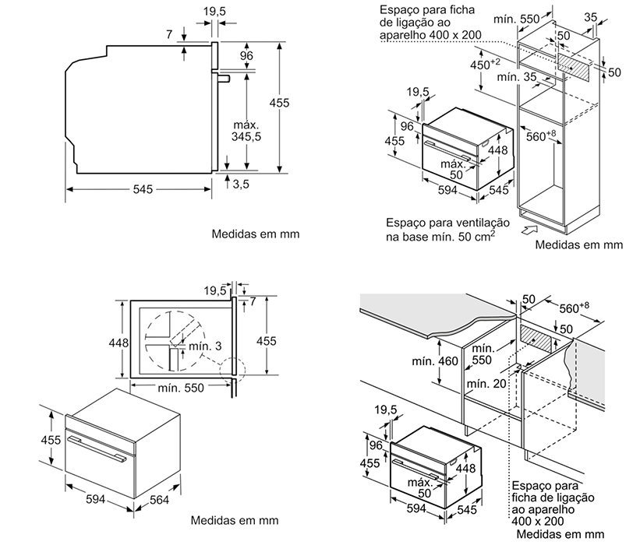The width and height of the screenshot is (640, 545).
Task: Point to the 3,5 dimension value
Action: [240, 183]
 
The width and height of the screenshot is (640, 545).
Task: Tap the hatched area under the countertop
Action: [537, 339]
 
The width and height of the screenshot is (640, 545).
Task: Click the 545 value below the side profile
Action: [142, 189]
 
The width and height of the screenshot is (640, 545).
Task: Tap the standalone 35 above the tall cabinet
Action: [592, 16]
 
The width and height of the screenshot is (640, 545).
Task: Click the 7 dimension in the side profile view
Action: [170, 34]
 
